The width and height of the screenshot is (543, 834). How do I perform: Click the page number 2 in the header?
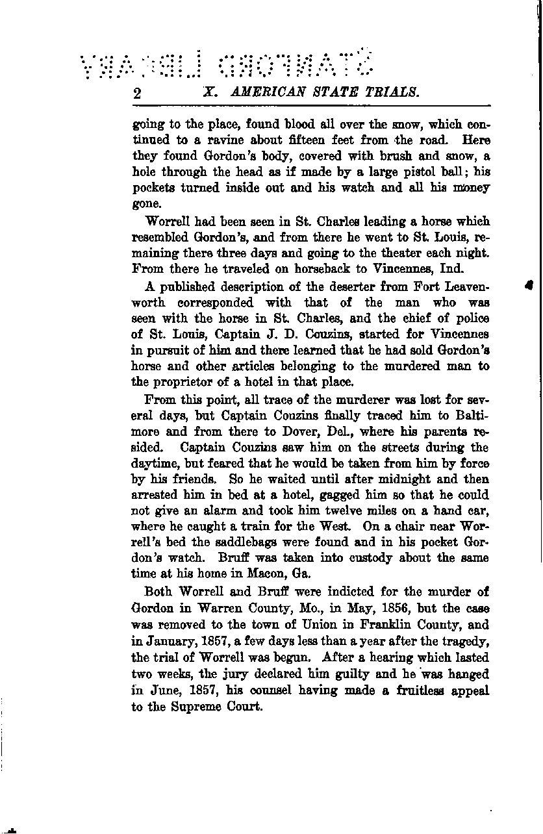pyautogui.click(x=137, y=93)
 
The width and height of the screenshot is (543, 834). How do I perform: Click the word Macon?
pyautogui.click(x=250, y=574)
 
